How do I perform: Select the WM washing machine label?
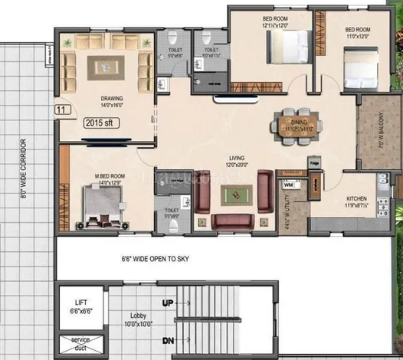[288, 185]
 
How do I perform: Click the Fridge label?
[314, 162]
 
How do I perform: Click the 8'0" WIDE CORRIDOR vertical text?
[24, 169]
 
